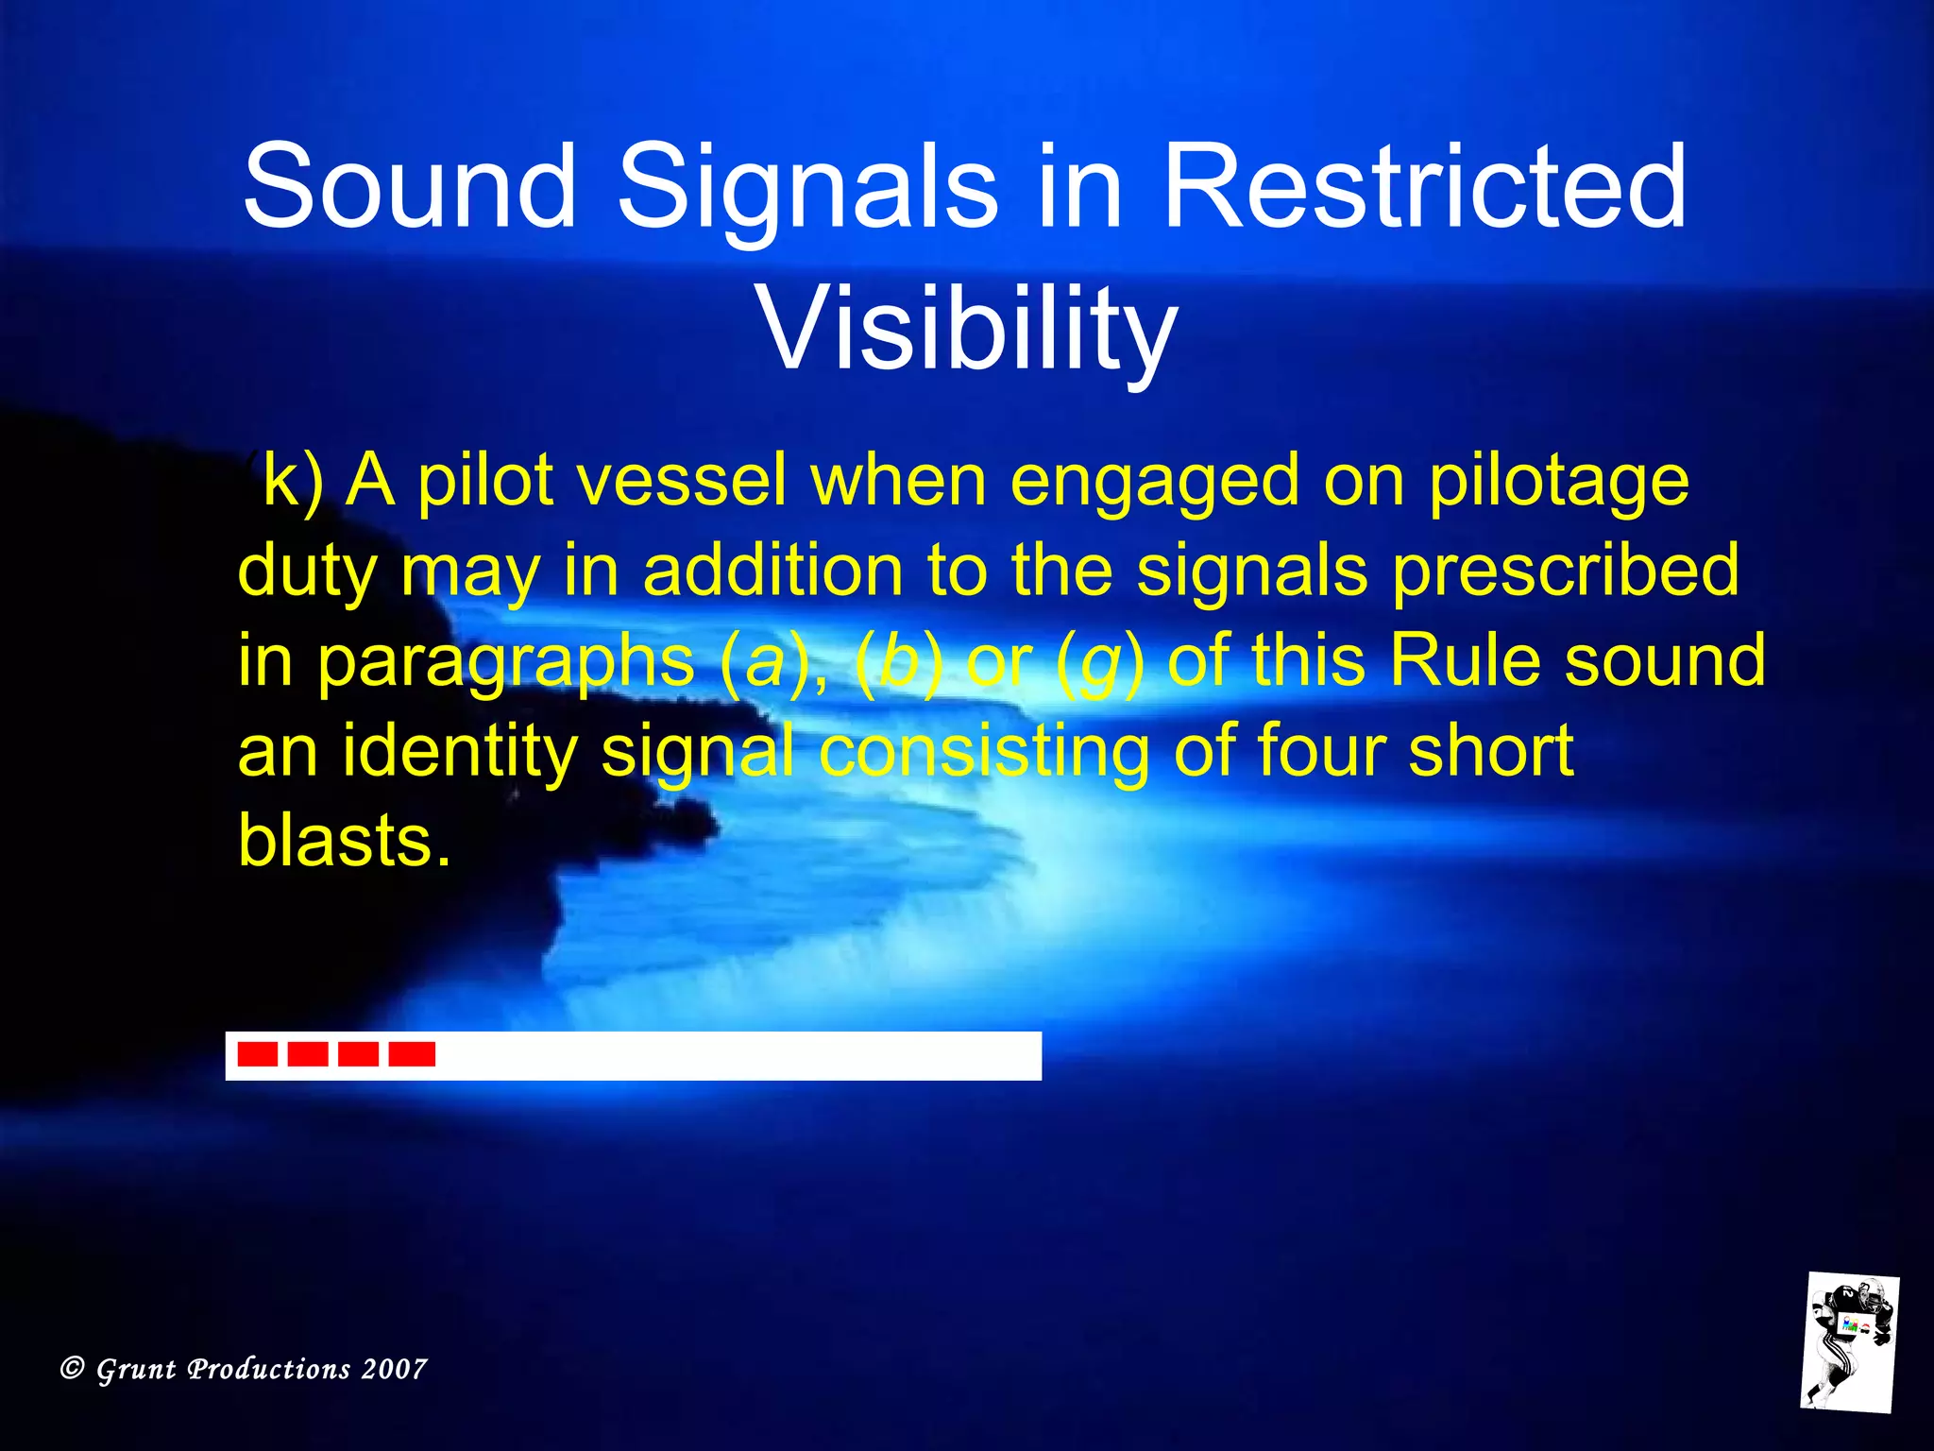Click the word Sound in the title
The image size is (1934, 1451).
tap(408, 186)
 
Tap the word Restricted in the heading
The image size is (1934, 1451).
tap(1423, 186)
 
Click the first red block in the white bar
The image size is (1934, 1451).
tap(257, 1054)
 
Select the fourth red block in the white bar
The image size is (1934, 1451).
tap(413, 1054)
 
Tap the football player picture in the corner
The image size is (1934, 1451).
tap(1849, 1342)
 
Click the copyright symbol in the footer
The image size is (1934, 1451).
tap(72, 1368)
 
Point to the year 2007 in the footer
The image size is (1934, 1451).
tap(394, 1369)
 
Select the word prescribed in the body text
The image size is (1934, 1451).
tap(1566, 571)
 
